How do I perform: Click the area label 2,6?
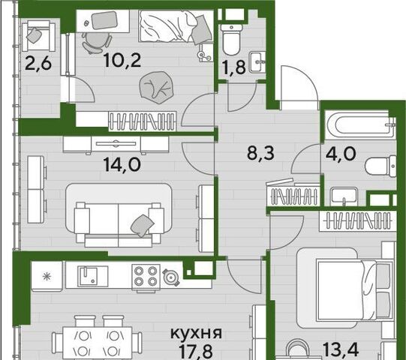38,64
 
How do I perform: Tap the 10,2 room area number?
122,60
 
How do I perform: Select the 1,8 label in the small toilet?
234,67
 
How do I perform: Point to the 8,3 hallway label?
260,153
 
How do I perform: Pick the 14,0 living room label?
122,164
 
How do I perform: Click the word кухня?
196,333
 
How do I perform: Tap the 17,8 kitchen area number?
196,351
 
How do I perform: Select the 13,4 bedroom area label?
341,349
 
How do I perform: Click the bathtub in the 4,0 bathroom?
361,124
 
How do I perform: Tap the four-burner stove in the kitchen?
146,277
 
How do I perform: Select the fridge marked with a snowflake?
47,277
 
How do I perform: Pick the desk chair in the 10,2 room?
96,43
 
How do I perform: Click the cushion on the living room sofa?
142,225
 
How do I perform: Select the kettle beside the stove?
171,277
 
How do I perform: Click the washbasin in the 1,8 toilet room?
257,62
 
